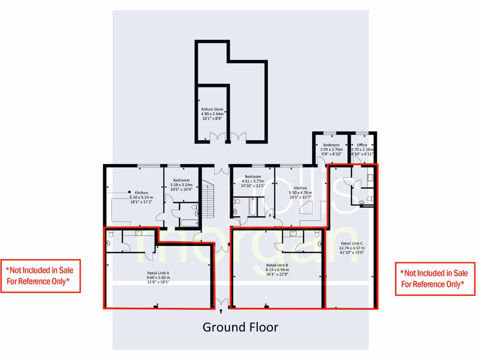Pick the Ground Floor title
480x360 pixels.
click(240, 327)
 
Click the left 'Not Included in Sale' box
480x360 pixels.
click(40, 276)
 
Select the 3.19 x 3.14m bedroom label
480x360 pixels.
click(181, 185)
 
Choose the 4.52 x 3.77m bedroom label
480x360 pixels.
click(253, 181)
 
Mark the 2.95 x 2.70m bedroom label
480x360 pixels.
click(331, 150)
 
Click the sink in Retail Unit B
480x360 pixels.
click(292, 232)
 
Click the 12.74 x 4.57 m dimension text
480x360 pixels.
click(352, 248)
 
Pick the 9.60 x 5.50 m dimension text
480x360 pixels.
click(157, 277)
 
